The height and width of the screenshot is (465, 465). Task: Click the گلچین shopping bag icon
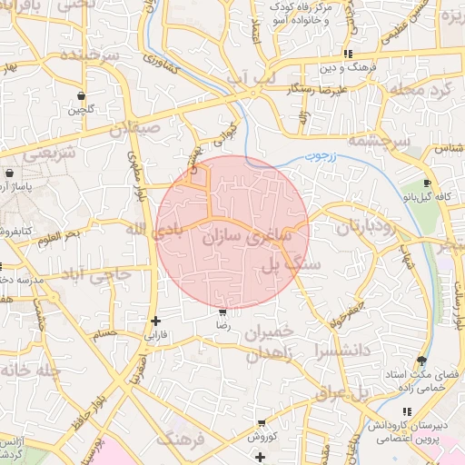tap(83, 95)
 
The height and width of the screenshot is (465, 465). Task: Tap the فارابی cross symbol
tap(156, 321)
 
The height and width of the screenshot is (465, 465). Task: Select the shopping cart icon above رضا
tap(223, 312)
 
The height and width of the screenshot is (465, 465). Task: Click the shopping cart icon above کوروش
tap(262, 423)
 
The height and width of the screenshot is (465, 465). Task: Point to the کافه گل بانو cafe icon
tap(428, 183)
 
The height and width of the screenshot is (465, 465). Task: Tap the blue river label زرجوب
tap(319, 156)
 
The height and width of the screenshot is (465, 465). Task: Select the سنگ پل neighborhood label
tap(292, 264)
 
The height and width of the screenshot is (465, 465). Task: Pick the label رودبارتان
tap(367, 227)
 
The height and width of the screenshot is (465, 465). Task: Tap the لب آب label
tap(251, 81)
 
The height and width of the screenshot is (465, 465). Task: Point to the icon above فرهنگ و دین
tap(349, 54)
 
